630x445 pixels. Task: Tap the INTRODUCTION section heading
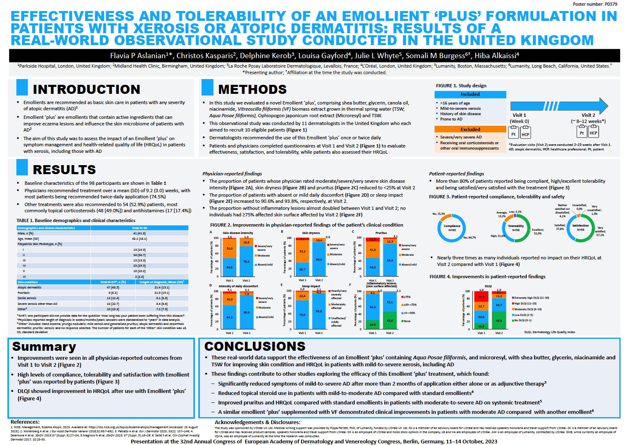(x=86, y=89)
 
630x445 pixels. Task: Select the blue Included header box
(x=470, y=94)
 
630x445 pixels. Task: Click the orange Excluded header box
(x=470, y=129)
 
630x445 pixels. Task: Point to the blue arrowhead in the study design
(x=602, y=106)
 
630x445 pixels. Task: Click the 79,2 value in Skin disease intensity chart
(x=246, y=261)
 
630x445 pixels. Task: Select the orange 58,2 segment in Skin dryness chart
(x=302, y=251)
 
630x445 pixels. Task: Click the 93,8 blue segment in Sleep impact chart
(x=319, y=311)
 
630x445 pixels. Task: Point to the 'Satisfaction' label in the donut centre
(x=580, y=226)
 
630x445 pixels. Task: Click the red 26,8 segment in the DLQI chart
(x=481, y=297)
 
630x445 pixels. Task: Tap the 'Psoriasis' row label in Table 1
(x=24, y=293)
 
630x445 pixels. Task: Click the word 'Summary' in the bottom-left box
(x=44, y=347)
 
